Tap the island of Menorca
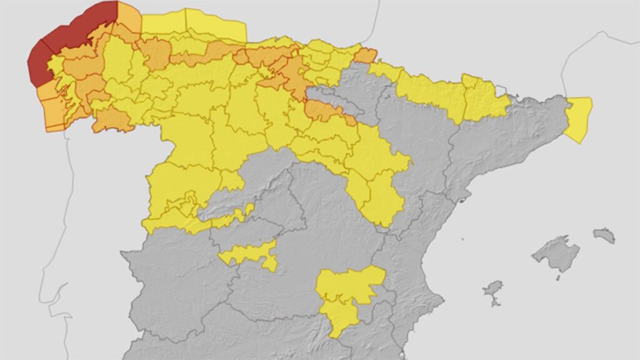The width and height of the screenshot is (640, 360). [x=604, y=235]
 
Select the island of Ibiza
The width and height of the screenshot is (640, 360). [x=493, y=289]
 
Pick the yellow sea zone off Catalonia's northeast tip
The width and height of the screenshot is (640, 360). [x=579, y=119]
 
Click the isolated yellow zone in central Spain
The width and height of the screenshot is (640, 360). [x=250, y=253]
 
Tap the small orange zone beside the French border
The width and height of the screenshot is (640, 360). [x=366, y=56]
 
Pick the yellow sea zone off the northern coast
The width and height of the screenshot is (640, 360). [x=194, y=25]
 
